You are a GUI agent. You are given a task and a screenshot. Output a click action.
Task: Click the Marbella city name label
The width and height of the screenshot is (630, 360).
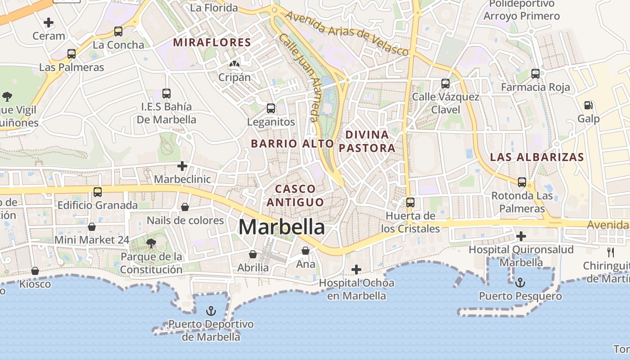point(281,227)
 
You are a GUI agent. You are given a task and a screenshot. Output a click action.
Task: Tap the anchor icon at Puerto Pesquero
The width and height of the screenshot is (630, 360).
point(520,283)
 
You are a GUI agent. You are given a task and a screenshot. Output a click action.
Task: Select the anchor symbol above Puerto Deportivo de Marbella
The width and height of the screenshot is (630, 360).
point(211,310)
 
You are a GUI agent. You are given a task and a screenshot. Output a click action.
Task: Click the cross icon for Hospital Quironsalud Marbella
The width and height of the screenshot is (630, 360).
point(521,236)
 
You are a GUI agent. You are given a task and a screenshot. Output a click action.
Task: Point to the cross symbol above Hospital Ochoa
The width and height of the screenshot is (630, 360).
point(356,270)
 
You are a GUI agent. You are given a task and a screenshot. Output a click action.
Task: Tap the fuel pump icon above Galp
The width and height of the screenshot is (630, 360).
point(588,105)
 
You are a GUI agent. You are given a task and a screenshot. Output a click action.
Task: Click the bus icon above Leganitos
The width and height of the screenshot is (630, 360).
point(270,108)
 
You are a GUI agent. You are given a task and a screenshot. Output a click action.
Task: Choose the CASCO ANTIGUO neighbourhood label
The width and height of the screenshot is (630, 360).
point(295,195)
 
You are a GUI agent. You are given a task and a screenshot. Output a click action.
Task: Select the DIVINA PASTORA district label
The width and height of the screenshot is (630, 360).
point(367,141)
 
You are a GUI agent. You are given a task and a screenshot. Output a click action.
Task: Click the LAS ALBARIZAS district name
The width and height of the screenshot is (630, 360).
point(536,157)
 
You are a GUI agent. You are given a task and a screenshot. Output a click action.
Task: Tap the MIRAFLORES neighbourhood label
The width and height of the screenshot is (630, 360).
point(212,43)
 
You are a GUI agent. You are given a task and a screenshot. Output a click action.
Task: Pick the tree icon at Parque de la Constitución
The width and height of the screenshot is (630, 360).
point(151,243)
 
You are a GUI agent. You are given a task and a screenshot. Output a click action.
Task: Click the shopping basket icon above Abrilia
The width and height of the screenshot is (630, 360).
point(253,254)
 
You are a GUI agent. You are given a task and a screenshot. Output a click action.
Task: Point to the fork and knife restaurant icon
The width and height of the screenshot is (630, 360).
point(611,252)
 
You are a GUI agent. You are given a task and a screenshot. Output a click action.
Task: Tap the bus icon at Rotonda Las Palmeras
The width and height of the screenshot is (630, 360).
point(522,182)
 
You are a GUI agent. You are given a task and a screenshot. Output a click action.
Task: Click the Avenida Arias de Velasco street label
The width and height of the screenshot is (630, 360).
point(347,33)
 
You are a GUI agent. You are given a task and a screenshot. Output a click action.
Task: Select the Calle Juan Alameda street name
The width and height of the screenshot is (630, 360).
point(300,77)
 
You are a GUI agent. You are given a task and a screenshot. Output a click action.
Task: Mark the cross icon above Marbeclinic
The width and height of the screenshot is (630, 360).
point(182,166)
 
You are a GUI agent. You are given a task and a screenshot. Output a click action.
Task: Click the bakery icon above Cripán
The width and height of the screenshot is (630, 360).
point(234,64)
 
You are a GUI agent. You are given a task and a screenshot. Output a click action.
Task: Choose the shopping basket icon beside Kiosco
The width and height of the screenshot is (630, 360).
point(35,271)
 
